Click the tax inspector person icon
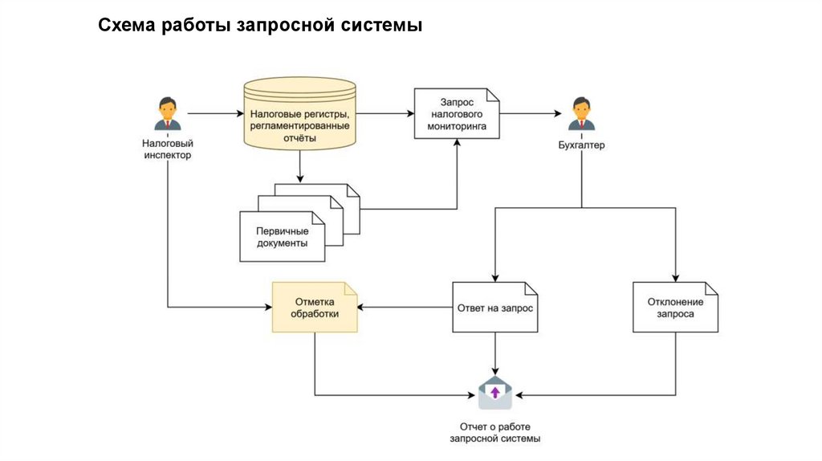pyautogui.click(x=168, y=114)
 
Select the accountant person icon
pyautogui.click(x=581, y=114)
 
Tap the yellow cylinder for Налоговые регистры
pyautogui.click(x=299, y=116)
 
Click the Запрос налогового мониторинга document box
pyautogui.click(x=457, y=115)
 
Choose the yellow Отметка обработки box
pyautogui.click(x=315, y=307)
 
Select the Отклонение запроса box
pyautogui.click(x=675, y=307)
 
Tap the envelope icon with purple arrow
pyautogui.click(x=495, y=393)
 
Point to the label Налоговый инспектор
pyautogui.click(x=168, y=149)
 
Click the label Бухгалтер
pyautogui.click(x=581, y=145)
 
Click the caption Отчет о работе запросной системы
pyautogui.click(x=495, y=433)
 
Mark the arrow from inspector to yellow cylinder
pyautogui.click(x=214, y=115)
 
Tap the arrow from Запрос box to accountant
pyautogui.click(x=530, y=115)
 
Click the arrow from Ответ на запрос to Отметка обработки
pyautogui.click(x=405, y=307)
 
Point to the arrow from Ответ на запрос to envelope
pyautogui.click(x=495, y=353)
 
